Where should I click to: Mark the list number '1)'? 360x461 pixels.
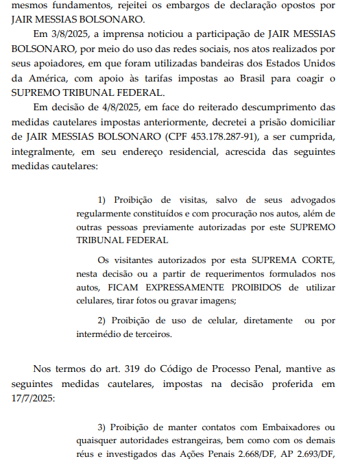[104, 200]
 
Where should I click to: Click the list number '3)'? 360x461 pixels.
[104, 428]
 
